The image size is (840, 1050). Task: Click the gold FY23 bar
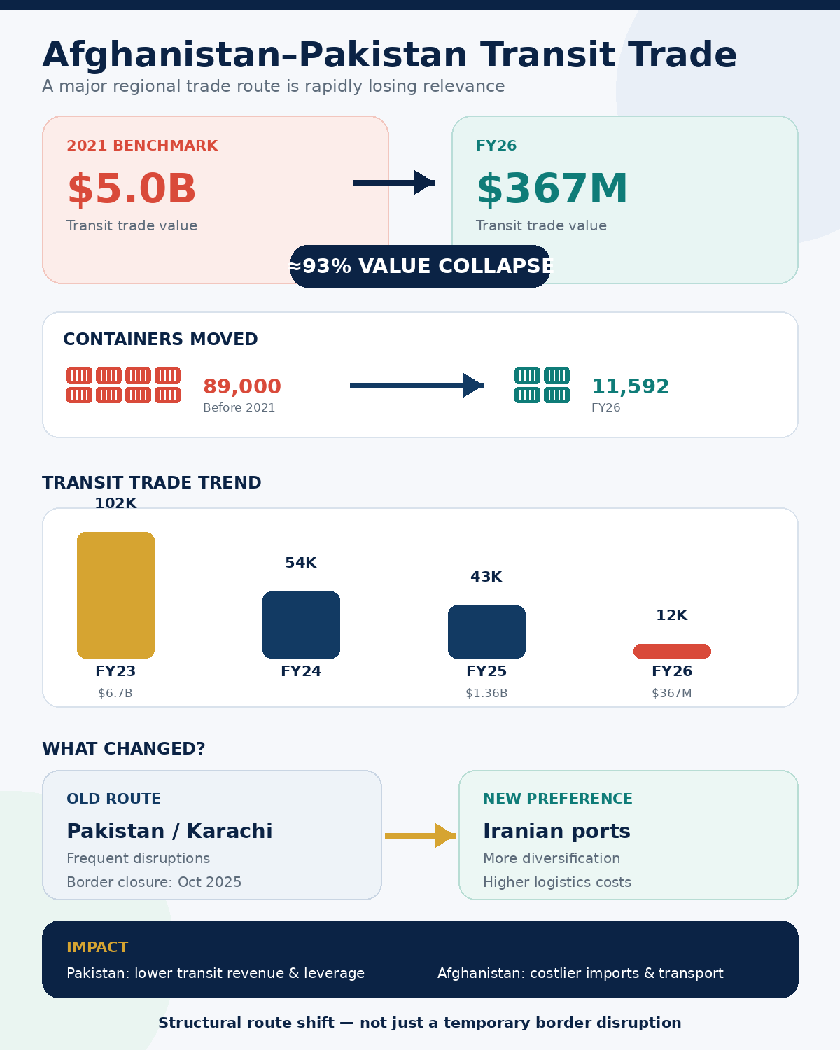pos(115,595)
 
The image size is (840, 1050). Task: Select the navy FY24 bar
pos(301,624)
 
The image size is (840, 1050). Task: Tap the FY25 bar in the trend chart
pos(486,632)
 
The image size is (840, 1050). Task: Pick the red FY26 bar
pos(672,651)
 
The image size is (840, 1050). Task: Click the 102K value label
pos(115,503)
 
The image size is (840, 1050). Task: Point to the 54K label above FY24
pos(301,563)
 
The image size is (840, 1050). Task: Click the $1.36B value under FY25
pos(486,693)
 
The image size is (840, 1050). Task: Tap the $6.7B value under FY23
pos(115,693)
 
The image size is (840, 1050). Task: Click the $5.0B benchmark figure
pos(132,188)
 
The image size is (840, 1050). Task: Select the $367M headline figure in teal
pos(552,188)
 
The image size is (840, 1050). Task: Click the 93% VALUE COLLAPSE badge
pos(420,266)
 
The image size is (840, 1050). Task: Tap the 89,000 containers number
pos(242,386)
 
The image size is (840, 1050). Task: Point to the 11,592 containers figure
pos(630,386)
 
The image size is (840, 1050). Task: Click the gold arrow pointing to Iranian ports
pos(420,835)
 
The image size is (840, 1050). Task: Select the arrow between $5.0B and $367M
pos(394,183)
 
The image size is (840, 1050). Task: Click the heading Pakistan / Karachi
pos(169,830)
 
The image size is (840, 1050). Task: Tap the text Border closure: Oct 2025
pos(154,882)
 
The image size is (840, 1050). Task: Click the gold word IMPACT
pos(97,946)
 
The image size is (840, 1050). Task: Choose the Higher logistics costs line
pos(557,882)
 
